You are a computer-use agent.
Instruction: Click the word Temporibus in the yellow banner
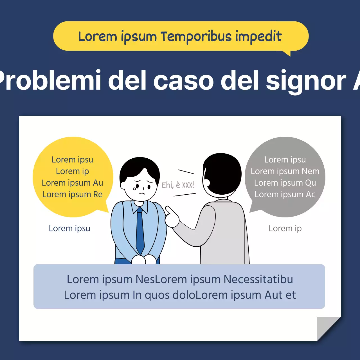[x=196, y=37]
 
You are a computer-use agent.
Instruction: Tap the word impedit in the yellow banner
[x=258, y=37]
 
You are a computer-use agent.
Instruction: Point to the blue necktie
[x=140, y=231]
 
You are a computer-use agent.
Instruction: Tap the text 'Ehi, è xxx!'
[x=178, y=185]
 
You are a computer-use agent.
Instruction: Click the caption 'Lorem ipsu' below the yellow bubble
[x=69, y=228]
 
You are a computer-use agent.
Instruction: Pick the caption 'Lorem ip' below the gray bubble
[x=285, y=228]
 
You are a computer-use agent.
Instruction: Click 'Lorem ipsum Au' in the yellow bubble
[x=72, y=183]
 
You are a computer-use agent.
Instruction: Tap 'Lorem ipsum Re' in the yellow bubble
[x=72, y=194]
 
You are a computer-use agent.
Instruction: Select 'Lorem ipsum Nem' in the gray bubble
[x=285, y=171]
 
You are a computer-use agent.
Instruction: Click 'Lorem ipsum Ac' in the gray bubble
[x=285, y=194]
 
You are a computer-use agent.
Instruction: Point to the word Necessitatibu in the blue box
[x=258, y=279]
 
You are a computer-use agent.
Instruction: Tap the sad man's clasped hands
[x=144, y=259]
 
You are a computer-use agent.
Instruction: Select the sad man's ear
[x=123, y=185]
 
